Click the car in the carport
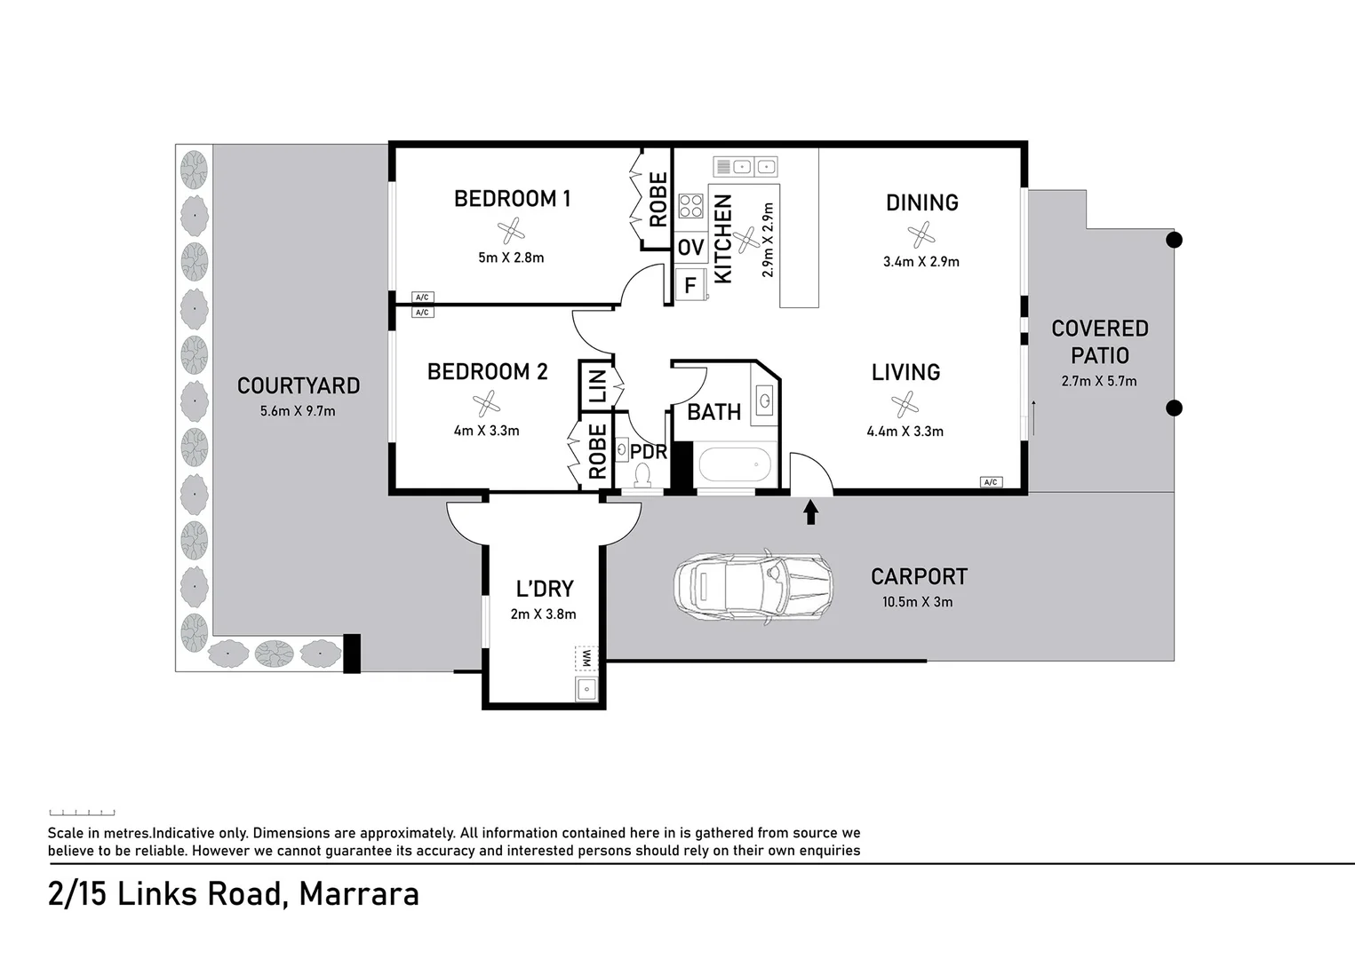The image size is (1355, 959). tap(753, 587)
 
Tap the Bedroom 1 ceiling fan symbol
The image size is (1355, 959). tap(511, 232)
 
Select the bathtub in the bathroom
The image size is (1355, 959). tap(735, 464)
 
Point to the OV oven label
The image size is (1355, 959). tap(690, 248)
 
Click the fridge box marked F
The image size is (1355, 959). tap(689, 286)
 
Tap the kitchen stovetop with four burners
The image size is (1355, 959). tap(690, 206)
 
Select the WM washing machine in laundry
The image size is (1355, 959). tap(586, 659)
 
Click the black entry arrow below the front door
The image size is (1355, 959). tap(810, 512)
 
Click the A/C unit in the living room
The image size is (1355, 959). tap(991, 482)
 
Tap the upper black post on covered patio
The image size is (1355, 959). tap(1174, 240)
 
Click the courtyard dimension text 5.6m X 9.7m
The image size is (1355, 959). tap(298, 411)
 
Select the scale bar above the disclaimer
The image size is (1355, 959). tap(82, 812)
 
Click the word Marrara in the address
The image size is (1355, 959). tap(359, 893)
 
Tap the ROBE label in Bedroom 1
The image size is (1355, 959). tap(658, 200)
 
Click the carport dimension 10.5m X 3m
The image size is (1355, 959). tap(917, 602)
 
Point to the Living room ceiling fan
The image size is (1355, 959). tap(905, 404)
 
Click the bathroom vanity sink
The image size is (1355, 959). tap(765, 400)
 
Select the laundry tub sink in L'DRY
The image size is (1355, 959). tap(586, 688)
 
